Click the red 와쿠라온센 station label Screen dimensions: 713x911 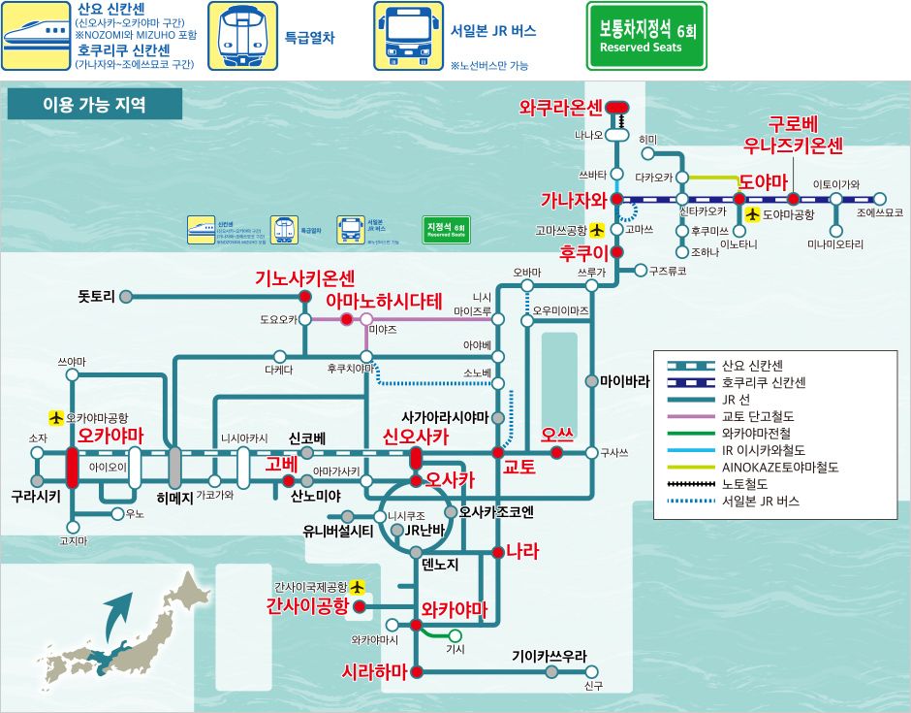click(561, 107)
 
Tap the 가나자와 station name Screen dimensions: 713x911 click(573, 200)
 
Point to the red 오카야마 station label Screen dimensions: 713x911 click(110, 437)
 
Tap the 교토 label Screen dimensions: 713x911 click(518, 467)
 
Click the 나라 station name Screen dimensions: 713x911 click(521, 552)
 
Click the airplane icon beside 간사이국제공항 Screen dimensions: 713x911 click(359, 587)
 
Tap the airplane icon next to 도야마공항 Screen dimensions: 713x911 click(750, 214)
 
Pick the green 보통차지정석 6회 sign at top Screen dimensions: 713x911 click(646, 36)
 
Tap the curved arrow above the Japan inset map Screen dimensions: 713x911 click(119, 611)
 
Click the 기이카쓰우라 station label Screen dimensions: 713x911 click(550, 656)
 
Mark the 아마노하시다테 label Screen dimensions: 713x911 click(384, 300)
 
